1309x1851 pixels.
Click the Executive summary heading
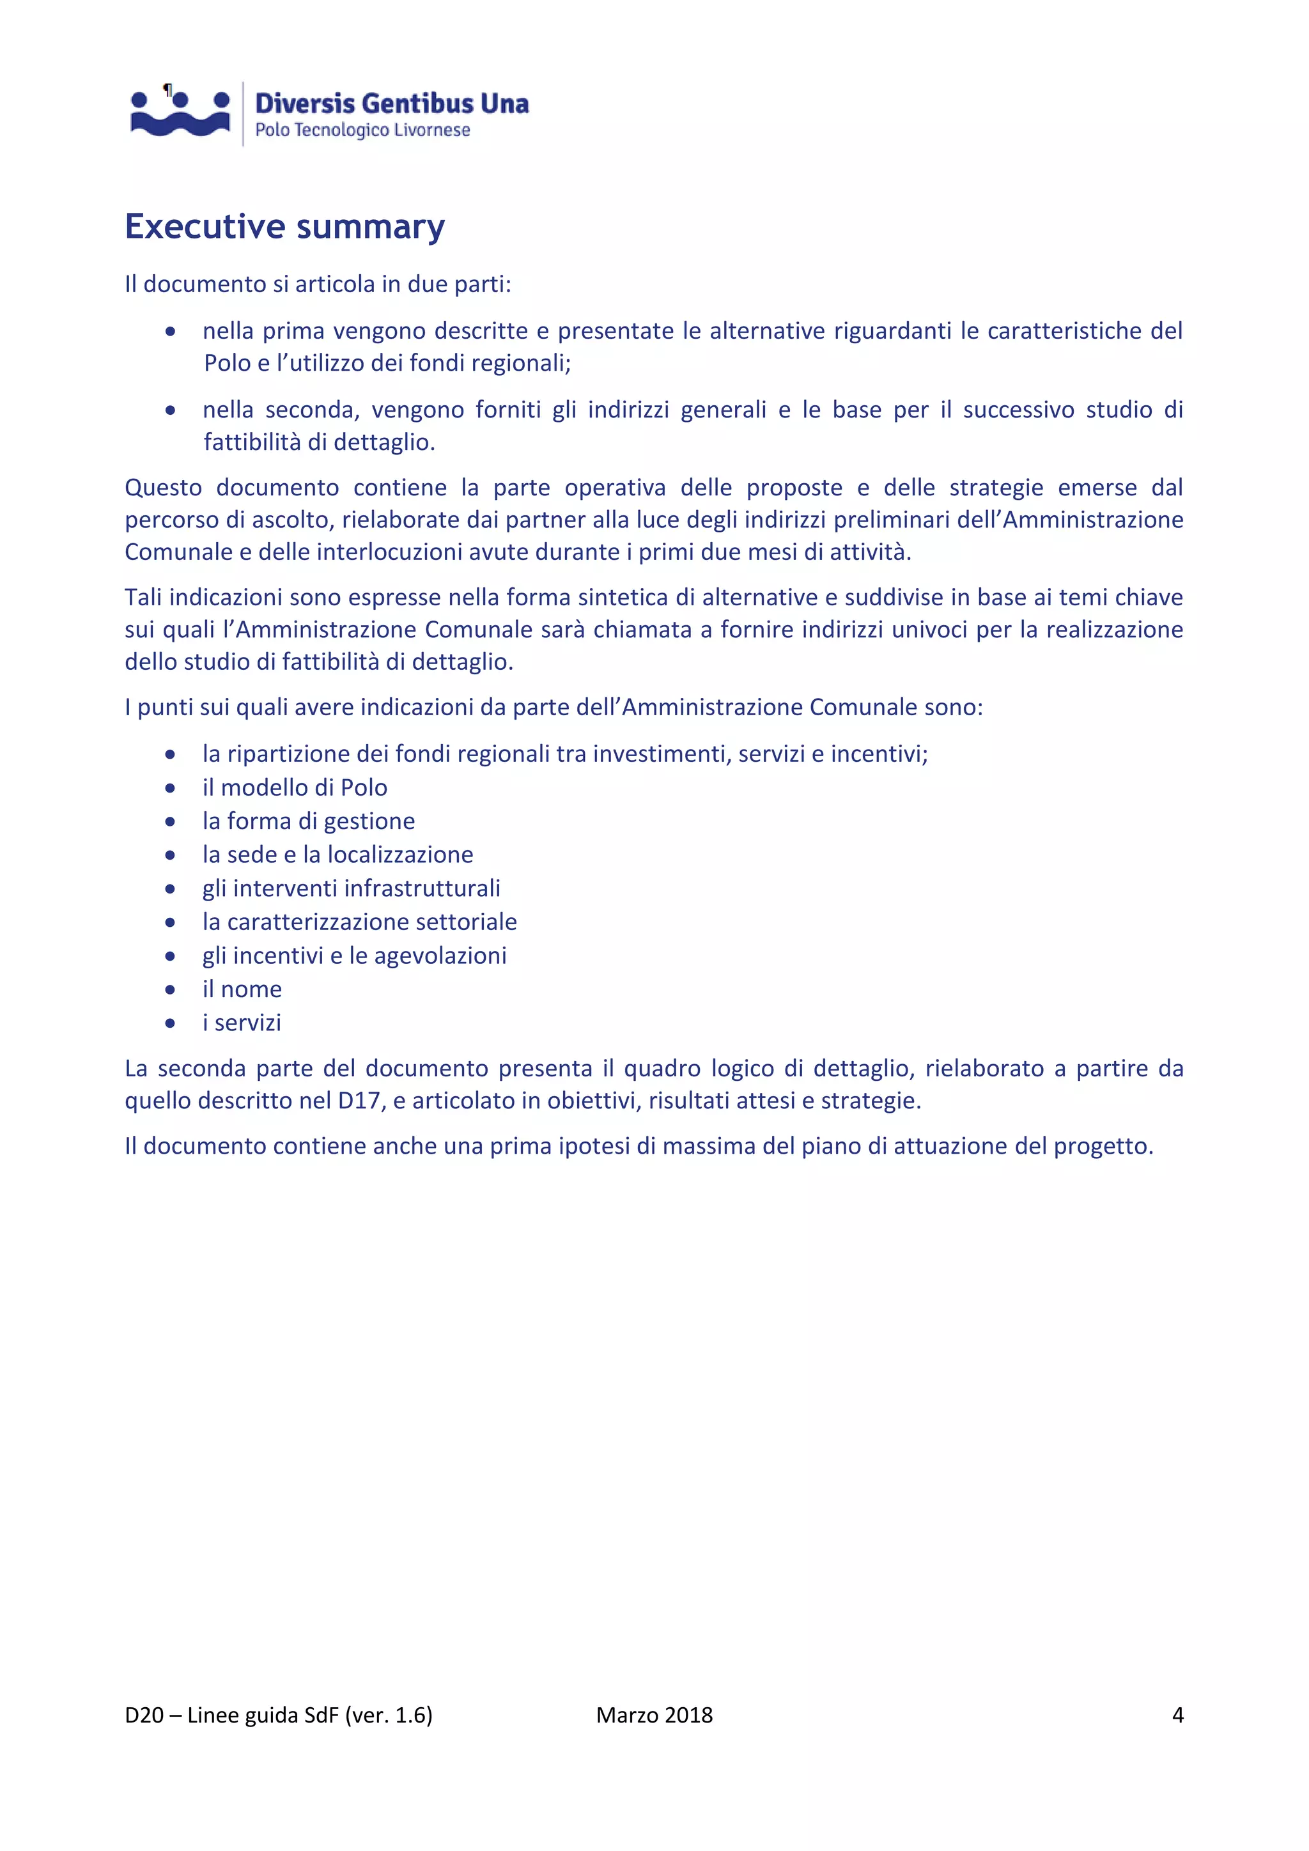click(x=284, y=226)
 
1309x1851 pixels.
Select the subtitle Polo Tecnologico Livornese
click(x=362, y=130)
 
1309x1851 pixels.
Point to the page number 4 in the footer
click(x=1177, y=1715)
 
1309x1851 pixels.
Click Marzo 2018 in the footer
click(x=654, y=1715)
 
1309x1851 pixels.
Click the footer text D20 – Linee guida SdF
click(x=278, y=1715)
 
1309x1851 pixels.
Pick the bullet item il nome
click(x=242, y=989)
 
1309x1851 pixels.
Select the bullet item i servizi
click(x=242, y=1023)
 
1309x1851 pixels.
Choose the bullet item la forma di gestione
click(x=308, y=821)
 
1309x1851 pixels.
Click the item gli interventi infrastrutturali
click(x=351, y=888)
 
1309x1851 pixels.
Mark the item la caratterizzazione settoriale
click(x=359, y=922)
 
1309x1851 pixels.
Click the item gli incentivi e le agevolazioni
click(x=354, y=956)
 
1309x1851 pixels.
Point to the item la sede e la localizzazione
click(x=337, y=855)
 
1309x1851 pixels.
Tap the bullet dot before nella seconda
click(x=170, y=410)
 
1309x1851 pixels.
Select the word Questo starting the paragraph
click(x=164, y=488)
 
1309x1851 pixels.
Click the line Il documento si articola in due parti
click(x=318, y=284)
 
